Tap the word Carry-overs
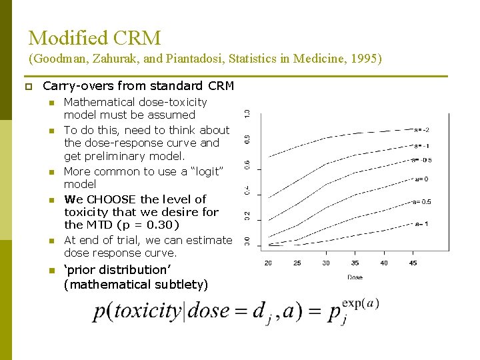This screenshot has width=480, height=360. click(73, 86)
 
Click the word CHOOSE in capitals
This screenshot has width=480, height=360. click(111, 199)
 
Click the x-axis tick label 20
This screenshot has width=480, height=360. click(268, 263)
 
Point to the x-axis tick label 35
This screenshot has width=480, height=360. click(355, 263)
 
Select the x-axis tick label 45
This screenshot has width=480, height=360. click(413, 263)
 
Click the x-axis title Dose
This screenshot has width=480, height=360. click(355, 277)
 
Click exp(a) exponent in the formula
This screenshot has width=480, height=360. click(361, 303)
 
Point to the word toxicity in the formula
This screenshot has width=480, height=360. click(147, 311)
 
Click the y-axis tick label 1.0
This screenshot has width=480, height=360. click(247, 114)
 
